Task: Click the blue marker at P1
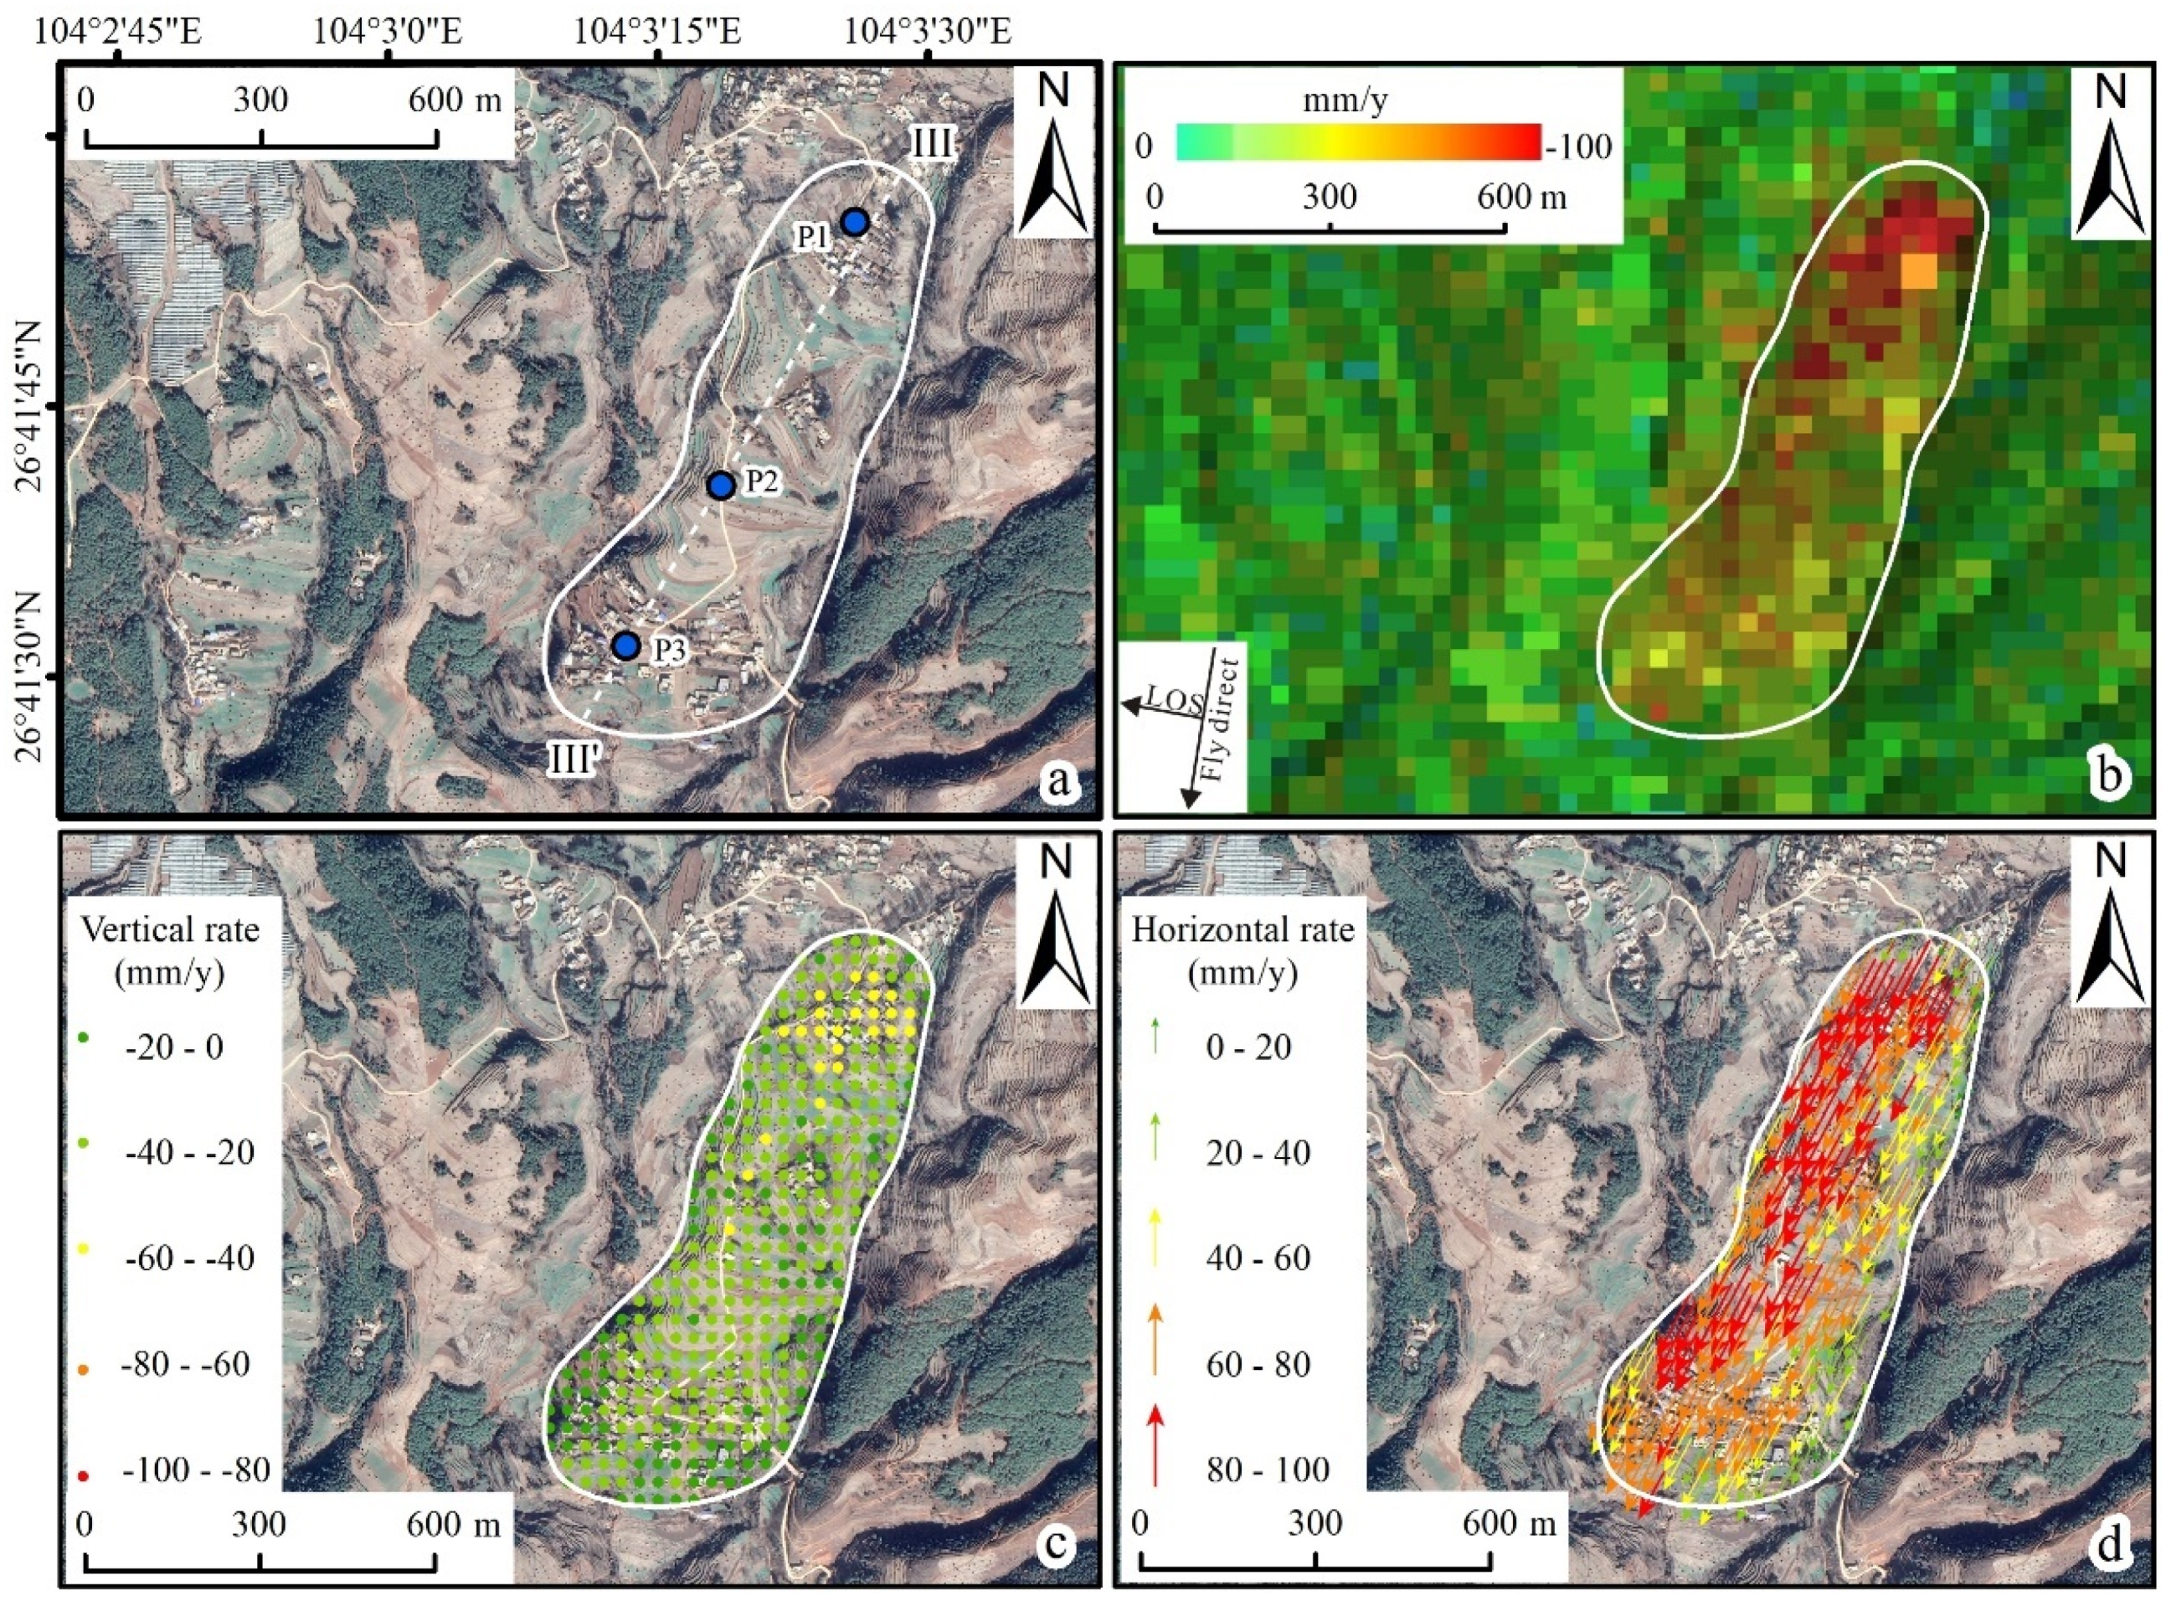(854, 222)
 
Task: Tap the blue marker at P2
(720, 486)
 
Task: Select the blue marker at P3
(627, 645)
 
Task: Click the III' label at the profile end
(577, 759)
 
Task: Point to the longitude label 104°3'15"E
(658, 32)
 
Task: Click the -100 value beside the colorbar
(1579, 147)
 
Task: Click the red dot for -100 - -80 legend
(84, 1476)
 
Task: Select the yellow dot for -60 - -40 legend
(84, 1250)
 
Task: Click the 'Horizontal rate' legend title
(1243, 930)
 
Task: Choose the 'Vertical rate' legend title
(171, 930)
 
